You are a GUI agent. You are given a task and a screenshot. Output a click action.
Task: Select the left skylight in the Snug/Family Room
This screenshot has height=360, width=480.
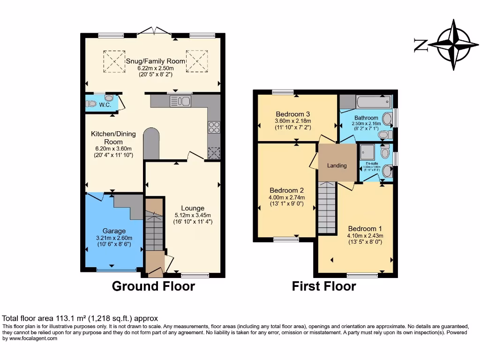pos(114,61)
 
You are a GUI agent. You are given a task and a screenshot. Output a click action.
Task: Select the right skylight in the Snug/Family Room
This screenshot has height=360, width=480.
pos(197,61)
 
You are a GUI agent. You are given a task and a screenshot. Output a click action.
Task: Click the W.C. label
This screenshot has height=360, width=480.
pos(105,105)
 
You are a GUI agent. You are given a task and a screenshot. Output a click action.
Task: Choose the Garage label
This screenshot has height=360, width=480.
pos(114,231)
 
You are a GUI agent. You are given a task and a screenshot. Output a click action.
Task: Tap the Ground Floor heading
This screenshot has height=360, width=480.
pos(153,286)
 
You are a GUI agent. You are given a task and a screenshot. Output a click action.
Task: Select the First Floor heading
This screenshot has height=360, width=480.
pos(324,286)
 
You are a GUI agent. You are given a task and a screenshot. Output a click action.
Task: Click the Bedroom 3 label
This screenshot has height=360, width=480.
pos(293,114)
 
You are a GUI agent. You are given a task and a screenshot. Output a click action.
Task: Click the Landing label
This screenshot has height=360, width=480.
pos(337,165)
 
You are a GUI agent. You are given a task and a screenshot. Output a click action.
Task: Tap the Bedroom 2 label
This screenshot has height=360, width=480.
pos(287,190)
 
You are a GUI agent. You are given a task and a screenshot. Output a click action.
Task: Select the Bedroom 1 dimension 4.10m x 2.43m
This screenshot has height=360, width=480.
pos(365,236)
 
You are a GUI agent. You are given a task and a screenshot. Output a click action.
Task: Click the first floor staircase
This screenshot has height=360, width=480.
pos(327,208)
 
